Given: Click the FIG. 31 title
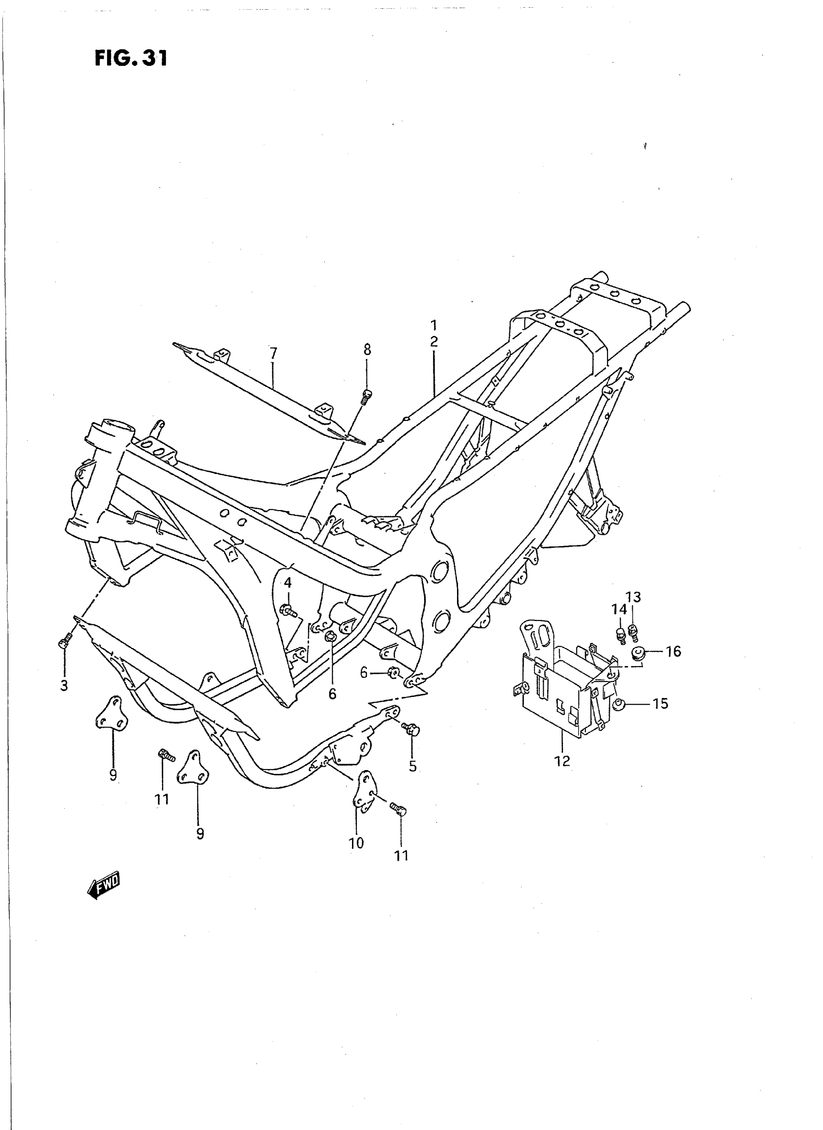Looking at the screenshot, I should click(x=131, y=58).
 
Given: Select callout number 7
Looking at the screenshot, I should click(x=273, y=354).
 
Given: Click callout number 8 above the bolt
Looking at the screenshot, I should click(x=367, y=350).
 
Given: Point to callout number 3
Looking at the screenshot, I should click(x=64, y=686).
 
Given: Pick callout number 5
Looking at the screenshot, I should click(x=412, y=766).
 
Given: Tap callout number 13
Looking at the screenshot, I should click(x=633, y=597).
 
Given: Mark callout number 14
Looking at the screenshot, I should click(x=619, y=609).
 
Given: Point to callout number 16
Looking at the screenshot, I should click(x=673, y=651).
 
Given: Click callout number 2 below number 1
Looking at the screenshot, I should click(x=434, y=342).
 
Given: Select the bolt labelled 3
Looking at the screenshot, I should click(x=64, y=645).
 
